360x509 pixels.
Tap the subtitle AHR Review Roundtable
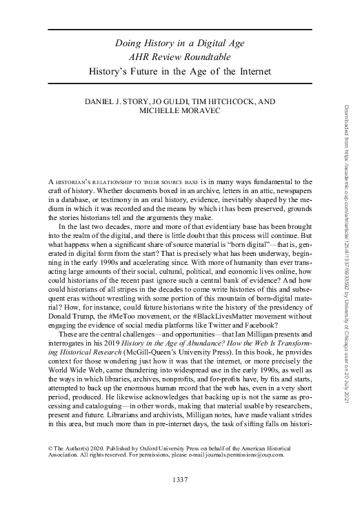[180, 57]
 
